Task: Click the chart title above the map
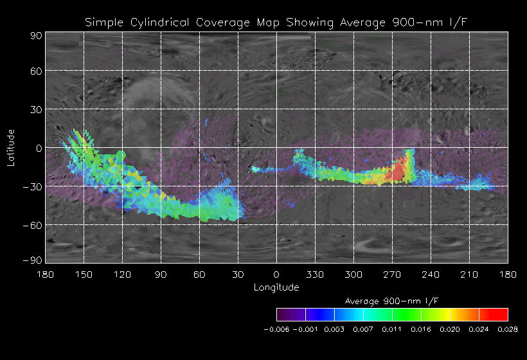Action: [276, 23]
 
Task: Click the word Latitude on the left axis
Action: [11, 147]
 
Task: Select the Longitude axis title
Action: [276, 287]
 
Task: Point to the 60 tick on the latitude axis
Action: [35, 71]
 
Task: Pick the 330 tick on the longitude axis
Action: [315, 274]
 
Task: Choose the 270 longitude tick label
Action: [392, 274]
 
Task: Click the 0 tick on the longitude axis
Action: [276, 274]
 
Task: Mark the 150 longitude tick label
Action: [84, 274]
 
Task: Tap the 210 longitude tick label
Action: [469, 274]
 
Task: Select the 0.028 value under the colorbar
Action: [508, 329]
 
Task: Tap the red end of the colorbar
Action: [500, 314]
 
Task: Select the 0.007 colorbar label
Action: [363, 329]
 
